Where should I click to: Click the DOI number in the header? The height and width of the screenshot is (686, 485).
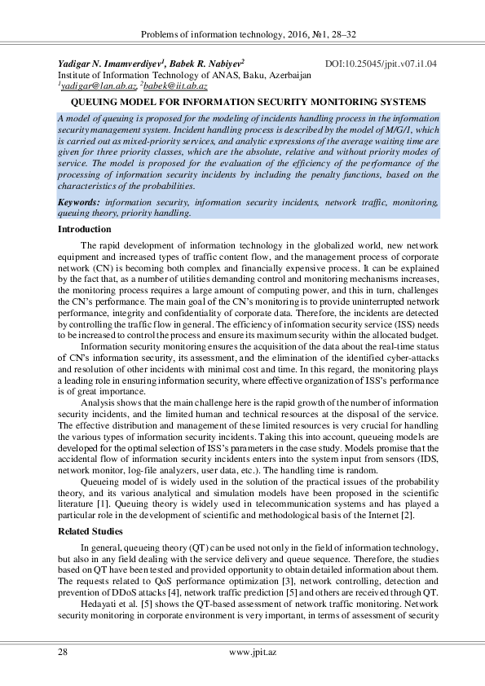click(381, 62)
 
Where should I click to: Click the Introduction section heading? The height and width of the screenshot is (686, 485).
click(83, 229)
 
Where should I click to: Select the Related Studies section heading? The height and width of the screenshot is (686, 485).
click(90, 530)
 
